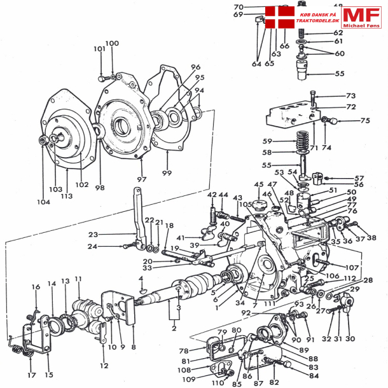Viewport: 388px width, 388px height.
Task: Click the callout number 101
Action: pos(99,49)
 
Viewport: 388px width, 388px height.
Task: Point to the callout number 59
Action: pos(267,141)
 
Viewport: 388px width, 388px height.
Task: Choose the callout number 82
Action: pos(274,382)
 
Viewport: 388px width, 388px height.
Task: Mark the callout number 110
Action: pos(218,384)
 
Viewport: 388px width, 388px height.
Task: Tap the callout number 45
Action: pos(258,185)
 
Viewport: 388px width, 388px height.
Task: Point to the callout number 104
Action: pos(43,202)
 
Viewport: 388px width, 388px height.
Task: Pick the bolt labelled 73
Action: pos(313,98)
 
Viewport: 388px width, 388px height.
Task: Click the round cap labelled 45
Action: pos(258,206)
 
